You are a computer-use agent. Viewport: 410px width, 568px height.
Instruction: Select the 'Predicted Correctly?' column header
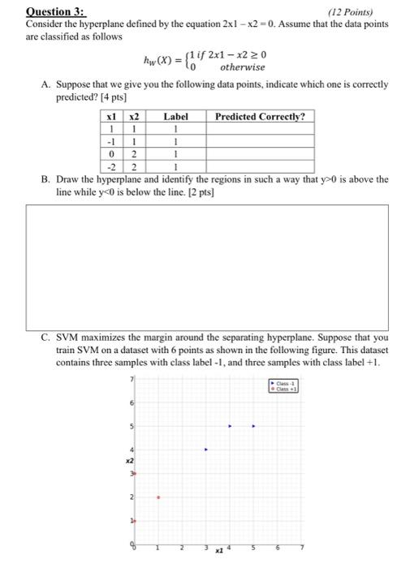260,117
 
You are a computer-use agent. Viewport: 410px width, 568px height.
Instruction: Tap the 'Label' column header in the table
176,117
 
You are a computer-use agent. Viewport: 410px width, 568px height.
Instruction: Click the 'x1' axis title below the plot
218,550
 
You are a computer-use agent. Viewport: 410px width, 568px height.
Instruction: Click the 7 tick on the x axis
302,545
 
